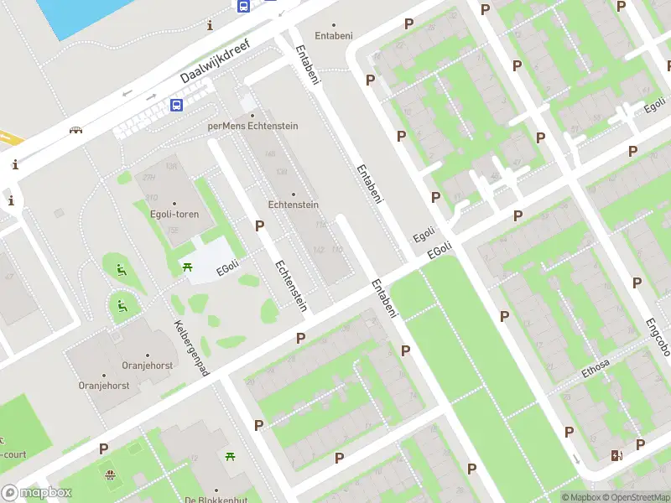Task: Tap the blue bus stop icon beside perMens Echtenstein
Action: pyautogui.click(x=177, y=106)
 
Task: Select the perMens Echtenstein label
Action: pyautogui.click(x=252, y=126)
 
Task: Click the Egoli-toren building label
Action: pyautogui.click(x=174, y=214)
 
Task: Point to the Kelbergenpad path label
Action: pyautogui.click(x=191, y=348)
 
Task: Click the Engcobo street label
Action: pyautogui.click(x=658, y=335)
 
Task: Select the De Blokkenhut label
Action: pyautogui.click(x=215, y=500)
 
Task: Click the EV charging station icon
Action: pyautogui.click(x=617, y=456)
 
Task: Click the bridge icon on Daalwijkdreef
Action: pyautogui.click(x=76, y=129)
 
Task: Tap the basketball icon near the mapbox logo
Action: pyautogui.click(x=110, y=475)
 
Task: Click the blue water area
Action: pyautogui.click(x=84, y=15)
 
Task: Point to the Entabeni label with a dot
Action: pyautogui.click(x=334, y=36)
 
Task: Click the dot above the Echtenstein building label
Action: pyautogui.click(x=293, y=194)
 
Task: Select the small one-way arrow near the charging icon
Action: pyautogui.click(x=575, y=459)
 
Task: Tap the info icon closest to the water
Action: pyautogui.click(x=210, y=26)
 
